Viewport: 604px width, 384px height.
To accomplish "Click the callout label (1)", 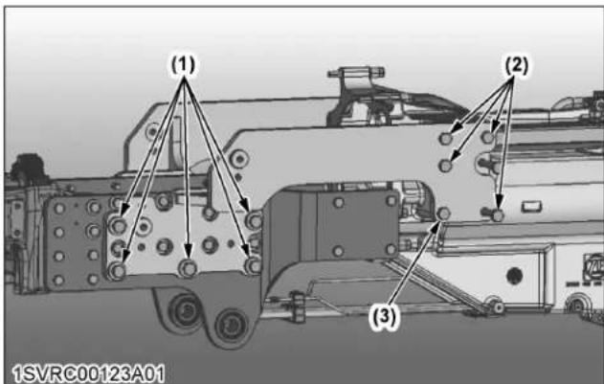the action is tap(184, 65).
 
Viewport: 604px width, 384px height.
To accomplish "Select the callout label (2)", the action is tap(517, 65).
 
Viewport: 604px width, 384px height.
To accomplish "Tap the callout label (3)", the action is tap(384, 317).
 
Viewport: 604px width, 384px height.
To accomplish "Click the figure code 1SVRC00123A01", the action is tap(89, 373).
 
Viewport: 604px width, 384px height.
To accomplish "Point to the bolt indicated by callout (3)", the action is tap(444, 214).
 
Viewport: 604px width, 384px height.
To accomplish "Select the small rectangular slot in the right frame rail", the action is tap(532, 207).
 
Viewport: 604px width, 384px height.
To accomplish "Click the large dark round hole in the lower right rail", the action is tap(514, 276).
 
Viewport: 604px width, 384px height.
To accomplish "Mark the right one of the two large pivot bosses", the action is tap(231, 325).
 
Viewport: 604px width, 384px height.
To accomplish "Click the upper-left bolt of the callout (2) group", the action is tap(446, 138).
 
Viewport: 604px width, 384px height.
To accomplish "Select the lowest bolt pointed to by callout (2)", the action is tap(498, 215).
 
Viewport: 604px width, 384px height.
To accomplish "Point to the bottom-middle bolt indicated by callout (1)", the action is tap(188, 267).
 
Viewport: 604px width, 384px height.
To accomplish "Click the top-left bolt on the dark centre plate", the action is tap(339, 202).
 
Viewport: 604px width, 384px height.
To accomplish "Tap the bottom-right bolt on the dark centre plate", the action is tap(391, 249).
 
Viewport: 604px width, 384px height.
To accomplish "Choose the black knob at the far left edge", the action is tap(28, 165).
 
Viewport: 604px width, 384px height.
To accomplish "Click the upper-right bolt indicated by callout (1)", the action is tap(254, 220).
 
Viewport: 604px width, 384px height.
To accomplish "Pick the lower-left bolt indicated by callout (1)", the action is tap(117, 271).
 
